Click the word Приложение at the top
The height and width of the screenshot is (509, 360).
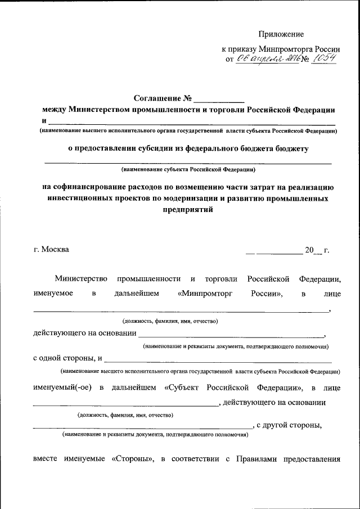click(281, 35)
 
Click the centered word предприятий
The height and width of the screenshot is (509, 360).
click(188, 209)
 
